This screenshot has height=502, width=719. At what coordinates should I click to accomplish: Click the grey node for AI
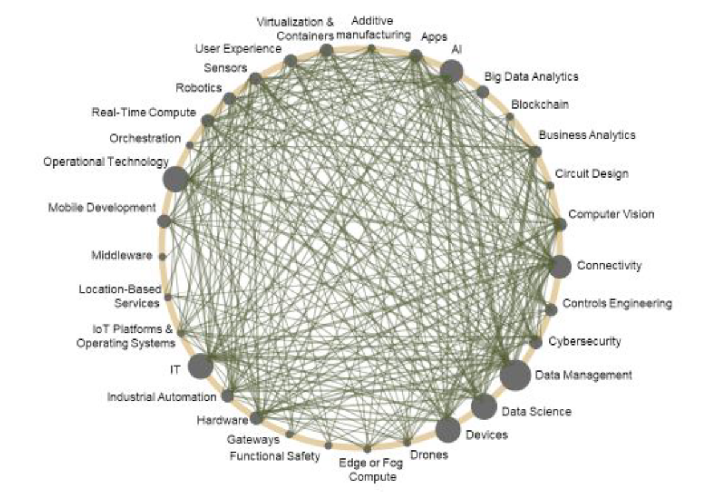tap(451, 72)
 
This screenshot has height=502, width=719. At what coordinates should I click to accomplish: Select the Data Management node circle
tap(515, 375)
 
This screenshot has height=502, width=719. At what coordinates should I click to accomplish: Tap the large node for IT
tap(200, 366)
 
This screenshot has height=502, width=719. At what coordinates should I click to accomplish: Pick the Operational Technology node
tap(175, 179)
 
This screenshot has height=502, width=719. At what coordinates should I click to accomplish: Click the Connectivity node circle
tap(560, 266)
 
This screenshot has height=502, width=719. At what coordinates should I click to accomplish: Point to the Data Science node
tap(484, 407)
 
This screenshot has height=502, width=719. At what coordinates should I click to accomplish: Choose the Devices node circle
tap(447, 430)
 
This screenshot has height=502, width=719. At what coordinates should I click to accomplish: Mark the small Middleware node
tap(162, 256)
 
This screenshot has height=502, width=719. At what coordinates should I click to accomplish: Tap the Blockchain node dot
tap(510, 116)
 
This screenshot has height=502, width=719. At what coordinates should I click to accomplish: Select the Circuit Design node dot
tap(550, 186)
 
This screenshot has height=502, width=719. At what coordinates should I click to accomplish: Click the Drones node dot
tap(407, 443)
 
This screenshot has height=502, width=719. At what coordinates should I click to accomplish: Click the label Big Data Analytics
tap(531, 76)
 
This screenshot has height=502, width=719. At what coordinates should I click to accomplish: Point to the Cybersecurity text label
tap(585, 341)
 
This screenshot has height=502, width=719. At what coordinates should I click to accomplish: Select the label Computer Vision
tap(611, 214)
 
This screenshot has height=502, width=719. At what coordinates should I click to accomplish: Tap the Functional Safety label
tap(274, 456)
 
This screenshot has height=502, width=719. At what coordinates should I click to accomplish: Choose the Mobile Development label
tap(102, 208)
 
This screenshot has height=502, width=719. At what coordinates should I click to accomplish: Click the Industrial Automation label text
tap(161, 397)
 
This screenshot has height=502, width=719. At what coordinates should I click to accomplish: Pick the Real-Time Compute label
tap(144, 112)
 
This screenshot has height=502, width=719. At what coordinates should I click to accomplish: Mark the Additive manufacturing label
tap(373, 28)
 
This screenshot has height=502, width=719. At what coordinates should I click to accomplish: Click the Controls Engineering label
tap(617, 303)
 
